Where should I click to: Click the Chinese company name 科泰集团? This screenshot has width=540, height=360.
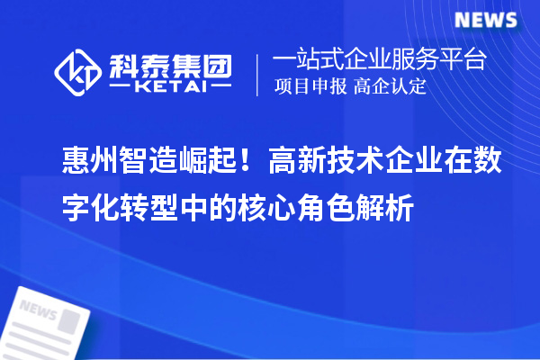(169, 63)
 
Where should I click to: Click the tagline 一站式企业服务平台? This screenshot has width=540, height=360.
(379, 61)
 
